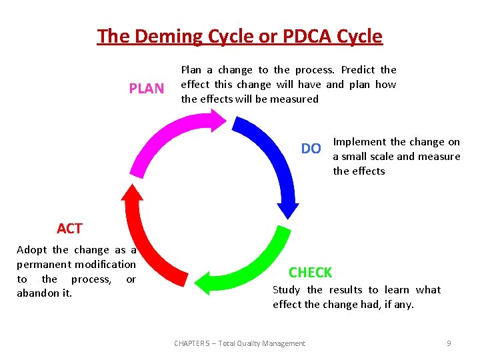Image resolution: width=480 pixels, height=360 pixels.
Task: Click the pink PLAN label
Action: click(146, 89)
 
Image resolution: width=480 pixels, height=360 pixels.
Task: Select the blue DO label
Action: click(311, 149)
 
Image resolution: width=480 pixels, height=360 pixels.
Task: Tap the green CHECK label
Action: click(310, 272)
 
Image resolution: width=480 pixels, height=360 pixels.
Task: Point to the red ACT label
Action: click(69, 229)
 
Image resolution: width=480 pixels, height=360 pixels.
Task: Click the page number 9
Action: click(449, 343)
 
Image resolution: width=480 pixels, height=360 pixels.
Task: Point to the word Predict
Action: click(358, 70)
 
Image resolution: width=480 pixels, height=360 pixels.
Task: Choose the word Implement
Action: click(359, 142)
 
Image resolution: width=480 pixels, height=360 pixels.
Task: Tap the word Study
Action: click(287, 290)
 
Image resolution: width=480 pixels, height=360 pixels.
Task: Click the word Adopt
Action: click(32, 250)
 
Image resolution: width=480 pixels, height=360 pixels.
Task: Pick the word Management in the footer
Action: click(283, 343)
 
